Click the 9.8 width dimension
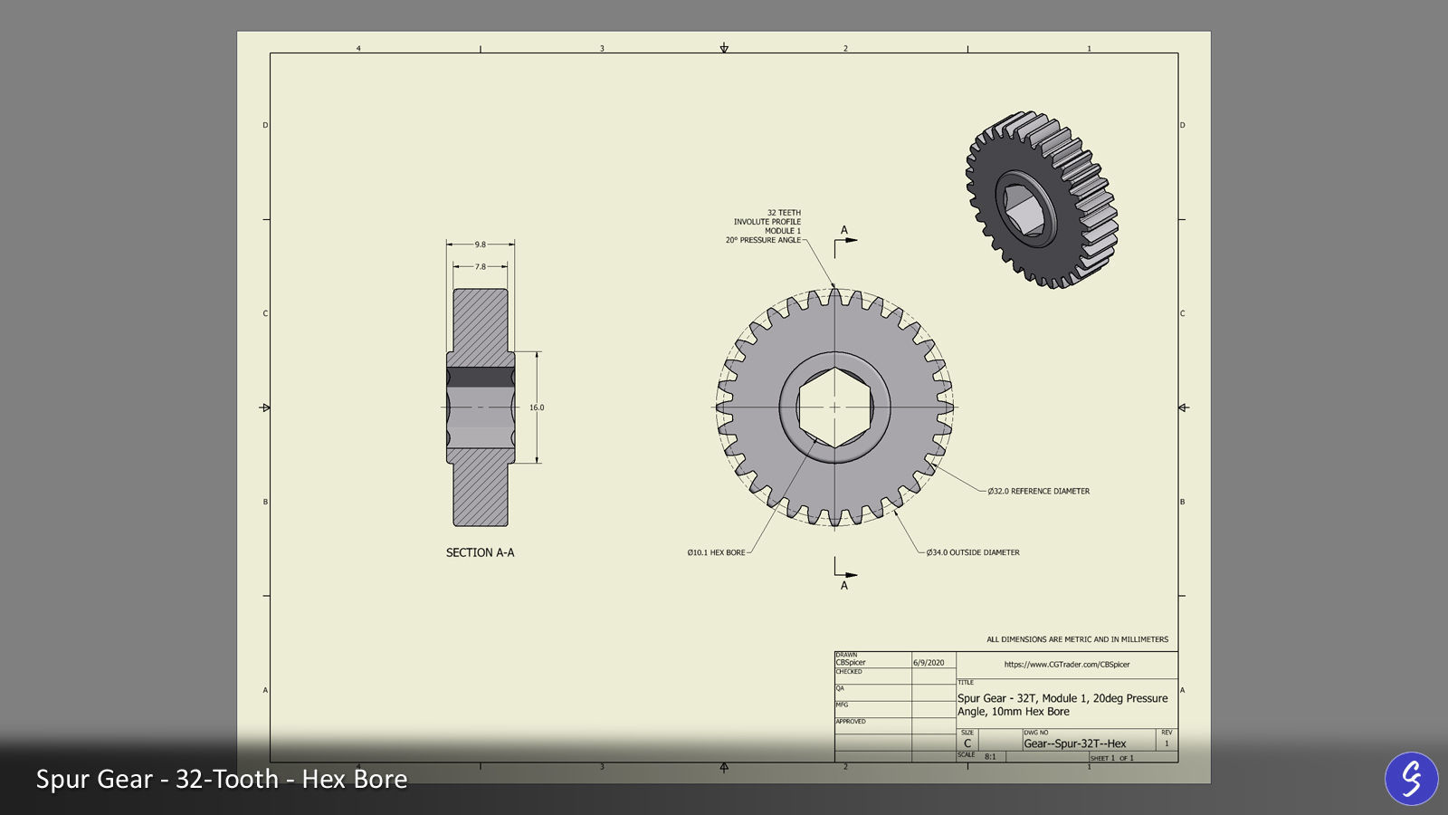480,244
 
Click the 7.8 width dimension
480,266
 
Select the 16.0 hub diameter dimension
537,407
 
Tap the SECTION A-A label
480,552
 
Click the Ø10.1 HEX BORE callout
716,552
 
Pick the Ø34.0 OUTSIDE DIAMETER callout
973,552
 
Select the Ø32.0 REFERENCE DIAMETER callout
1038,491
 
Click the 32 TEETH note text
784,213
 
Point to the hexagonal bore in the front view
834,407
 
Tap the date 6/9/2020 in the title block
929,663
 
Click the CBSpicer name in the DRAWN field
851,663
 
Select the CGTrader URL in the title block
1066,665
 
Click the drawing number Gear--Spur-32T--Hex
1075,743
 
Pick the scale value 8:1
990,756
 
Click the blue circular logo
1411,778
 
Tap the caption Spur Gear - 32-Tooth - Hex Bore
222,779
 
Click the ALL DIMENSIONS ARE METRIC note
1077,639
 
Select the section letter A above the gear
844,230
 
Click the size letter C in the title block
967,743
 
